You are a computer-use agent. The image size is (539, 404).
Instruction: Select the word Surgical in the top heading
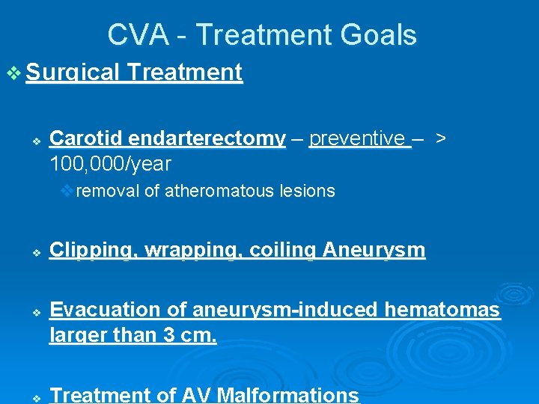pos(73,73)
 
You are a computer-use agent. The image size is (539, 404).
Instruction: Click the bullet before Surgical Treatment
pos(14,73)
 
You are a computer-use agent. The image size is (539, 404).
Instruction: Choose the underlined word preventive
pos(358,138)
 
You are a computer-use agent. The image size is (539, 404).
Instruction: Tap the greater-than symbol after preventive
pos(442,138)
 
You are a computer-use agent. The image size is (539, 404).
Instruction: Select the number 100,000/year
pos(110,163)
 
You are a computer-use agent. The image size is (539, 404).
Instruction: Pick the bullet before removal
pos(68,191)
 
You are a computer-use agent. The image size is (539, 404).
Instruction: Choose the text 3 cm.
pos(189,335)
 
